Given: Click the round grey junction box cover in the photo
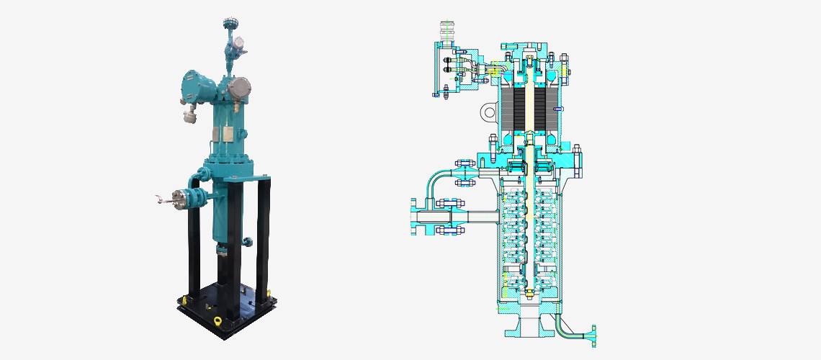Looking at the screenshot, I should [239, 89].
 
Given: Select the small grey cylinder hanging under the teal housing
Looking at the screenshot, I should [191, 114].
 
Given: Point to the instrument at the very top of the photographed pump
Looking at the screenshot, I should [229, 23].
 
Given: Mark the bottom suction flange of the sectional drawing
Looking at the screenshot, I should [529, 328].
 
